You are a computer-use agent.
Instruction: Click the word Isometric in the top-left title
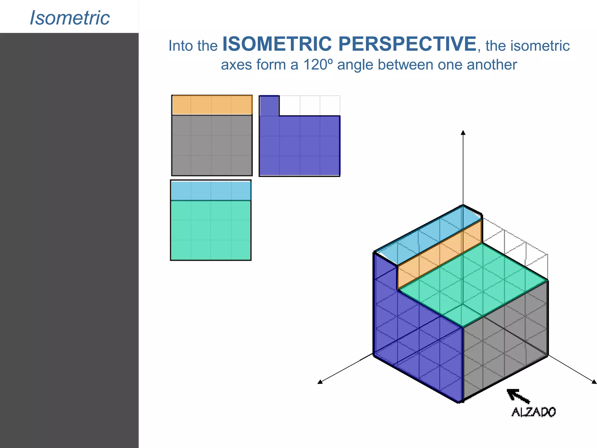click(70, 18)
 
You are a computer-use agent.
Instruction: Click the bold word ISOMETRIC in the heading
click(277, 44)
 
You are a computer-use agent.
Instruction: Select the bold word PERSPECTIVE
click(407, 44)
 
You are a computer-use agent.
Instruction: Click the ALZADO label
click(533, 412)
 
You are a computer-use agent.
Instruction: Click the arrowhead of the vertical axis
click(463, 133)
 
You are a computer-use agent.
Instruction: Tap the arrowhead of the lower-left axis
click(320, 382)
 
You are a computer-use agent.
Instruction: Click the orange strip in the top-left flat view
click(212, 105)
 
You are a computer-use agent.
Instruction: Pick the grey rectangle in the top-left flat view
click(212, 145)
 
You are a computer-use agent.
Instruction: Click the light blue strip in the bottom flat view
click(211, 190)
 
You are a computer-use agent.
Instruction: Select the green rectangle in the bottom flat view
click(211, 230)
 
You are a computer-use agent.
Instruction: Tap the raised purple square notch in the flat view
click(269, 106)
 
